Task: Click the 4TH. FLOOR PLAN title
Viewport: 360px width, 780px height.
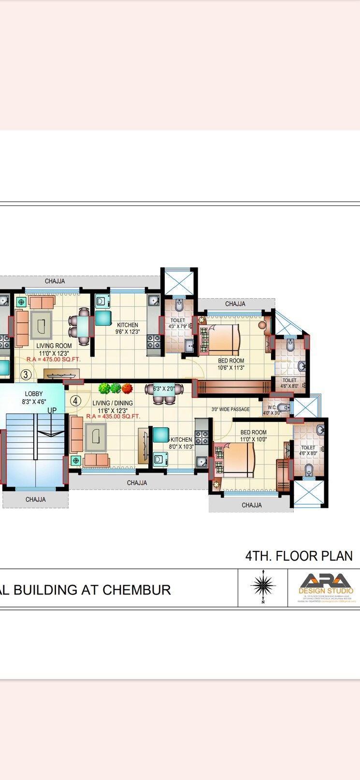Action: point(299,556)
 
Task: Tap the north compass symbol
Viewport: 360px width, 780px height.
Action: point(263,585)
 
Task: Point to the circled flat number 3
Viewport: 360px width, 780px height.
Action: point(26,375)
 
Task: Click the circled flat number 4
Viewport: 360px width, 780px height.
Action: point(75,401)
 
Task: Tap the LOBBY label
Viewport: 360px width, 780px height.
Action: point(34,394)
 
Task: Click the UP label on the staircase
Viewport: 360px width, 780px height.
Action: point(52,410)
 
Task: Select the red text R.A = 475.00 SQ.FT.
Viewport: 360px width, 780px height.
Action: point(54,360)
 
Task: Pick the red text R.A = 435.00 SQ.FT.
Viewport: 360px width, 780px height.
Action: point(113,416)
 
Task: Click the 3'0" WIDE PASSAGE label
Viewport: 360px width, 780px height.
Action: point(230,409)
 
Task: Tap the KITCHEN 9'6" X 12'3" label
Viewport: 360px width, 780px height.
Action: point(128,328)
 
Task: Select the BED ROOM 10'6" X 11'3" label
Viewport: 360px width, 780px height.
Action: point(231,364)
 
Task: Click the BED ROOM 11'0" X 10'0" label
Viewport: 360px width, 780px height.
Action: point(253,436)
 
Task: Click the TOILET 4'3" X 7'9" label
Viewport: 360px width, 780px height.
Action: point(178,323)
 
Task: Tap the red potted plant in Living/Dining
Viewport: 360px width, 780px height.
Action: point(127,388)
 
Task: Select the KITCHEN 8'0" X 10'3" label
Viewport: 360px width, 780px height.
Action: point(181,443)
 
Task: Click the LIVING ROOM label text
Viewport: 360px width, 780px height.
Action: point(54,346)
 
